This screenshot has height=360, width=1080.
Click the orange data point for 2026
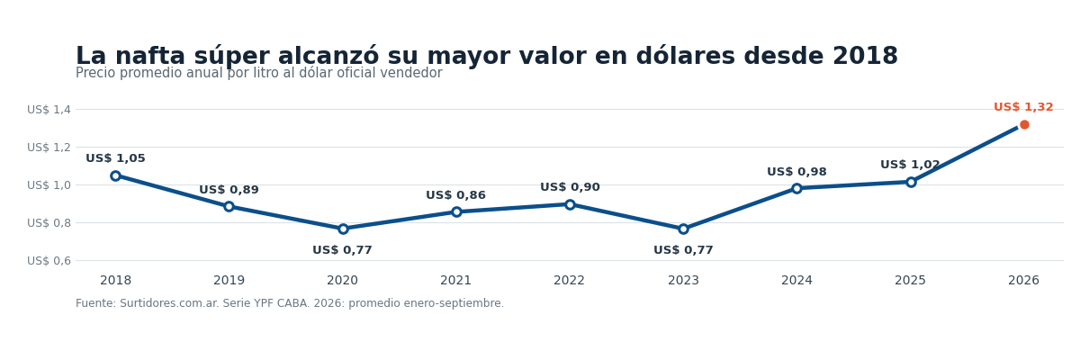click(1024, 125)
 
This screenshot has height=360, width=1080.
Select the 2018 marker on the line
click(116, 175)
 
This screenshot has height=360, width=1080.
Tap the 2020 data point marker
click(343, 229)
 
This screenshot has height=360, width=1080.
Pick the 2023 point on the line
click(683, 229)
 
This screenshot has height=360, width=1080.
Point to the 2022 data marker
click(570, 204)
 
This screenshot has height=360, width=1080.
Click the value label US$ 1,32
click(1023, 107)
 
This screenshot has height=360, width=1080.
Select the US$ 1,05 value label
click(116, 158)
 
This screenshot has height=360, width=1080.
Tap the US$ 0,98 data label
click(797, 172)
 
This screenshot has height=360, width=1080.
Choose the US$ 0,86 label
click(455, 195)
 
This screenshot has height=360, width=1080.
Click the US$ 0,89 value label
click(229, 190)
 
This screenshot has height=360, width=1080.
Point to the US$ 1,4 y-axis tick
click(49, 110)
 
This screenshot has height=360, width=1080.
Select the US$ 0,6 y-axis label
click(49, 261)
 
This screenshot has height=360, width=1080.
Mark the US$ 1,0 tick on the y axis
click(49, 185)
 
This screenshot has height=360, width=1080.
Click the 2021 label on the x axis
click(455, 281)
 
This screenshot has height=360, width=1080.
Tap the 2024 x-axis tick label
click(797, 281)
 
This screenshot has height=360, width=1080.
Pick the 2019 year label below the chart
click(229, 281)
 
